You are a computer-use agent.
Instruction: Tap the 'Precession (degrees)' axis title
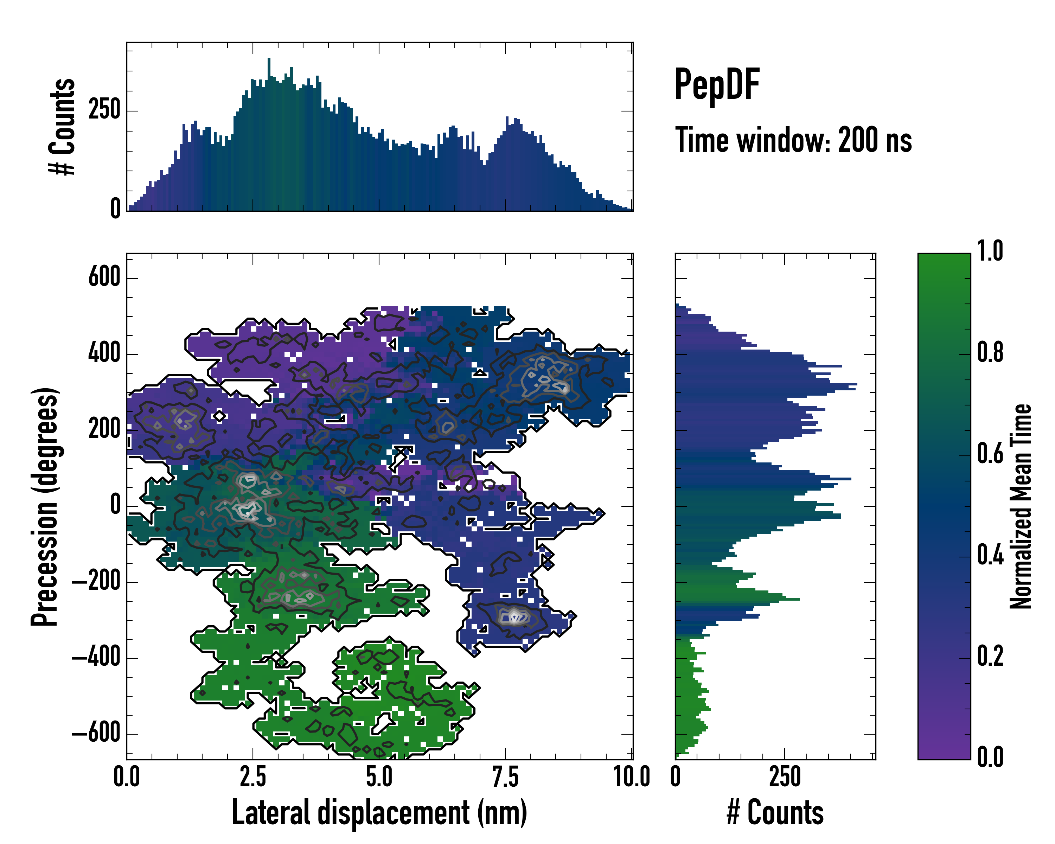45,506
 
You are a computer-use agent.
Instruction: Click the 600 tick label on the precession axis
104,277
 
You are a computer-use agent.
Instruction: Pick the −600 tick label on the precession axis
96,734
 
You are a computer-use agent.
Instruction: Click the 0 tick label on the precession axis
115,505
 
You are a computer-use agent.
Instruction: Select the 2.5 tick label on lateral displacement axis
253,777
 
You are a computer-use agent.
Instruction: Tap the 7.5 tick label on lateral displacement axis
505,777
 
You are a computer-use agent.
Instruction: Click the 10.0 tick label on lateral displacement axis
632,777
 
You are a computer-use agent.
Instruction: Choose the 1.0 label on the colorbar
990,251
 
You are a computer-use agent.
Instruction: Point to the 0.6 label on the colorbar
990,454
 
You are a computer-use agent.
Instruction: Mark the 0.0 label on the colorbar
990,757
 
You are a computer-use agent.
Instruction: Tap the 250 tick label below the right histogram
785,777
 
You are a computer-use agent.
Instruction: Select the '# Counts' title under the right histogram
775,812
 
